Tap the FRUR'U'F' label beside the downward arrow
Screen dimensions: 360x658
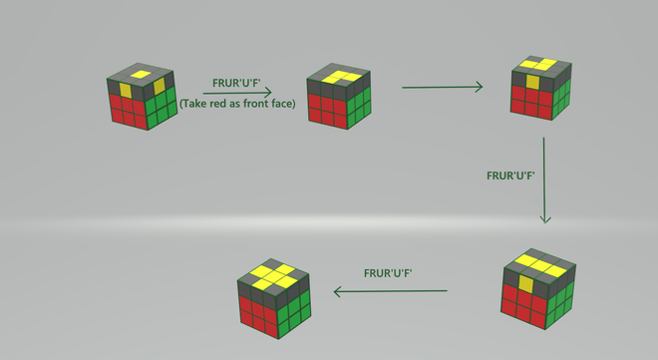click(x=511, y=175)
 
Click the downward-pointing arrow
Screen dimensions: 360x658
click(x=544, y=180)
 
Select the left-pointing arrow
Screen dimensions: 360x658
click(x=389, y=292)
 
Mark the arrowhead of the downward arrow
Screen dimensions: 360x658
click(x=544, y=218)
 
